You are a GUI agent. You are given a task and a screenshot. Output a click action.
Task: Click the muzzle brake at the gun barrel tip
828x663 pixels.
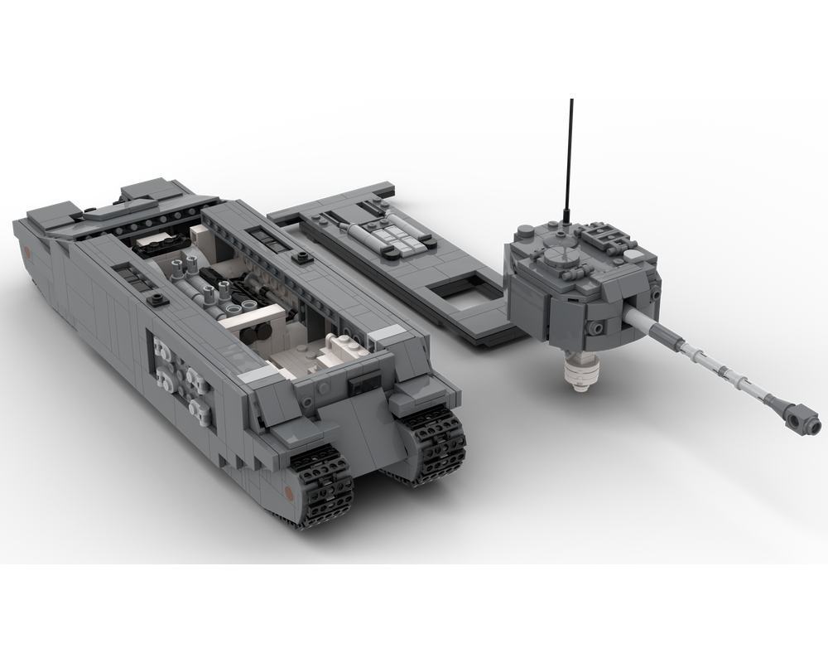tap(798, 416)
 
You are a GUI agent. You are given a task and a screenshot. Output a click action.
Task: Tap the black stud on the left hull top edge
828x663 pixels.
tap(155, 298)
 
